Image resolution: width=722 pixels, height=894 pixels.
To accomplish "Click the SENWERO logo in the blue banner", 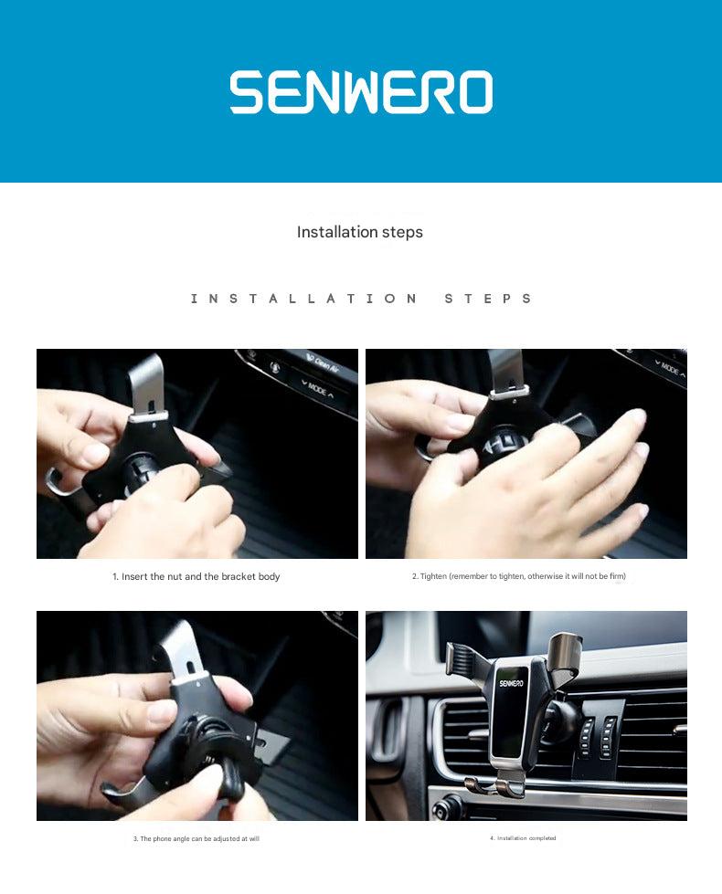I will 361,92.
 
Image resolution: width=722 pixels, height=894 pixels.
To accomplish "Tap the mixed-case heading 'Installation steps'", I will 360,232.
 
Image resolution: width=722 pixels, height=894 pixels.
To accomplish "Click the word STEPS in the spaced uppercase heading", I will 488,299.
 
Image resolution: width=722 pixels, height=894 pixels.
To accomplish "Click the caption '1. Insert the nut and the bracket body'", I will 196,577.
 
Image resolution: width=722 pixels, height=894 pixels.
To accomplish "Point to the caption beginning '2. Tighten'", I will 518,576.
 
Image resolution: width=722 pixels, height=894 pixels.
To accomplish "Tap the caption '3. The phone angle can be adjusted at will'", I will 196,838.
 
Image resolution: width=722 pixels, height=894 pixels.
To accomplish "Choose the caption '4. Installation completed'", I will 523,838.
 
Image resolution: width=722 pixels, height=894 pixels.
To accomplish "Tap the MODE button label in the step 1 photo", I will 317,389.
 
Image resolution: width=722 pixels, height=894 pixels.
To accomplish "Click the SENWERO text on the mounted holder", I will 512,682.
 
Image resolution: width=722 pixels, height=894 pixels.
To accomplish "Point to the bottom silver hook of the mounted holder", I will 499,785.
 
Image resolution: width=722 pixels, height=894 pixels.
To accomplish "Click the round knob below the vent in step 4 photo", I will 447,807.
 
